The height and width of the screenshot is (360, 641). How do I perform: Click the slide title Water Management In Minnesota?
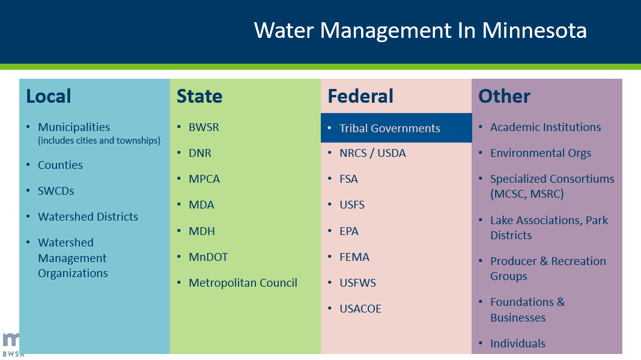[x=420, y=30]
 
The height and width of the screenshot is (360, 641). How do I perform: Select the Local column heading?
[x=49, y=96]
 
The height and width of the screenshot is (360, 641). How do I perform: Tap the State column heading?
[x=199, y=96]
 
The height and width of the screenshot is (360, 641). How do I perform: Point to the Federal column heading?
[x=360, y=96]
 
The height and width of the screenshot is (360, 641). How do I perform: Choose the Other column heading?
[x=504, y=96]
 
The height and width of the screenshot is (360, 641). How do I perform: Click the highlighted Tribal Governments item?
[x=389, y=128]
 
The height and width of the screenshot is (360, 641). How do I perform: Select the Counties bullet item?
[x=60, y=165]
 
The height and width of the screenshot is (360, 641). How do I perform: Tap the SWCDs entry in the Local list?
[x=56, y=191]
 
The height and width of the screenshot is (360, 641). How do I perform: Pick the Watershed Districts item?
[x=88, y=216]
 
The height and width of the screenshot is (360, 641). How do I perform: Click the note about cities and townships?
[x=99, y=141]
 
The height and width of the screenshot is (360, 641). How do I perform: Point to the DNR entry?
[x=200, y=153]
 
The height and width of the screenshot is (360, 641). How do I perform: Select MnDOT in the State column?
[x=208, y=257]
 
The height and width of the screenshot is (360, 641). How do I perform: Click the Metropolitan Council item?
[x=243, y=282]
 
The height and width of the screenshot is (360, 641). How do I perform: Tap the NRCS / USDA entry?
[x=372, y=153]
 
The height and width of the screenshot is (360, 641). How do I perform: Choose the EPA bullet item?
[x=349, y=231]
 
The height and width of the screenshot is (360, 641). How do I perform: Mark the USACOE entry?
[x=360, y=308]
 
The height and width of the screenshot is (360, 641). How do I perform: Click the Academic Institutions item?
[x=545, y=127]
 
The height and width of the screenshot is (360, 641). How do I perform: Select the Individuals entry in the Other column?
[x=518, y=343]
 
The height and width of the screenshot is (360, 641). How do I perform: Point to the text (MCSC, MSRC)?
[x=527, y=194]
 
